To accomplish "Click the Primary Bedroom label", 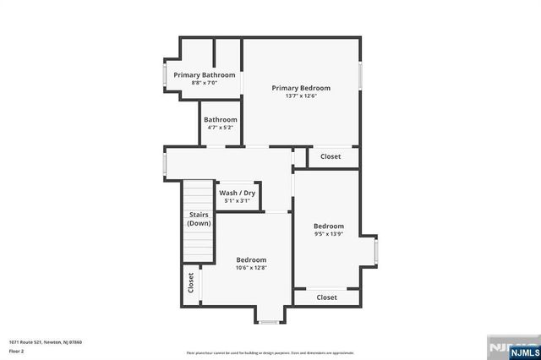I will coord(300,88).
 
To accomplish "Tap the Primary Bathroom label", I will coord(205,75).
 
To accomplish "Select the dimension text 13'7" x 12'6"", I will coord(300,96).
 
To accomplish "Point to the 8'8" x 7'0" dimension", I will coord(205,83).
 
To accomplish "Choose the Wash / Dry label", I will coord(237,193).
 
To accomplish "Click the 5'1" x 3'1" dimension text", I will coord(237,201).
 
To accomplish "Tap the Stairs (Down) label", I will coord(199,219).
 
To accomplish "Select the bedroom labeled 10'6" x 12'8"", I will coord(251,264).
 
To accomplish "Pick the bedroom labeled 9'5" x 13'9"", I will coord(329,230).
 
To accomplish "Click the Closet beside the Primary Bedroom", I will coord(330,156).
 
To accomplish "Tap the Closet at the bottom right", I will coord(326,297).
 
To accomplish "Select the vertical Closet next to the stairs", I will coord(191,282).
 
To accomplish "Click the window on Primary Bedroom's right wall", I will coord(360,75).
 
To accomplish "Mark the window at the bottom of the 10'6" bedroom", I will coord(268,322).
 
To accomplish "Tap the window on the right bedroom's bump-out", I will coord(376,251).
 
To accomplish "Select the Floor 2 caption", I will coord(17,350).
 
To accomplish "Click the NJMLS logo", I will coord(510,349).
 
